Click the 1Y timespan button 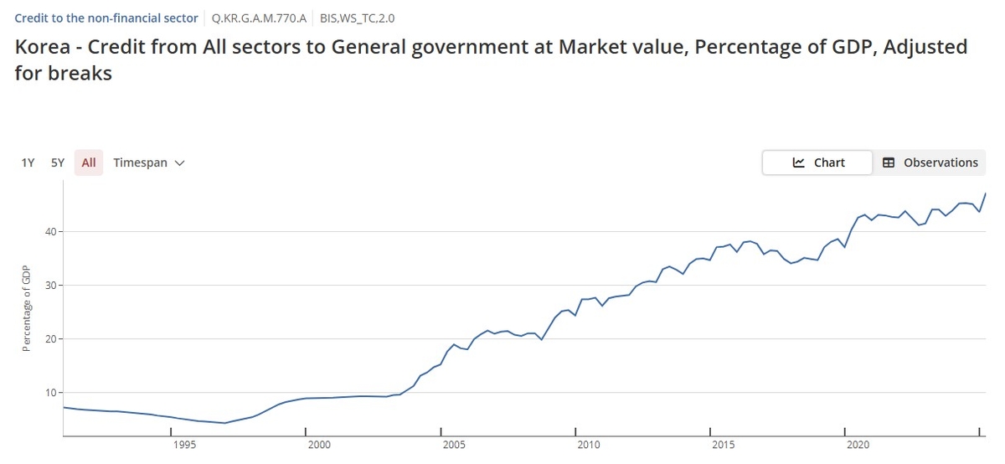coord(28,163)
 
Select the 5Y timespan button coord(58,163)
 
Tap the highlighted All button coord(89,163)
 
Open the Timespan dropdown coord(148,163)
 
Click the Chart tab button coord(818,162)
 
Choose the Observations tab coord(930,162)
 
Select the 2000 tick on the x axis coord(318,444)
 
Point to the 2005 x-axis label coord(453,444)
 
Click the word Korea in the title coord(42,47)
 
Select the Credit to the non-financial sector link coord(107,18)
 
